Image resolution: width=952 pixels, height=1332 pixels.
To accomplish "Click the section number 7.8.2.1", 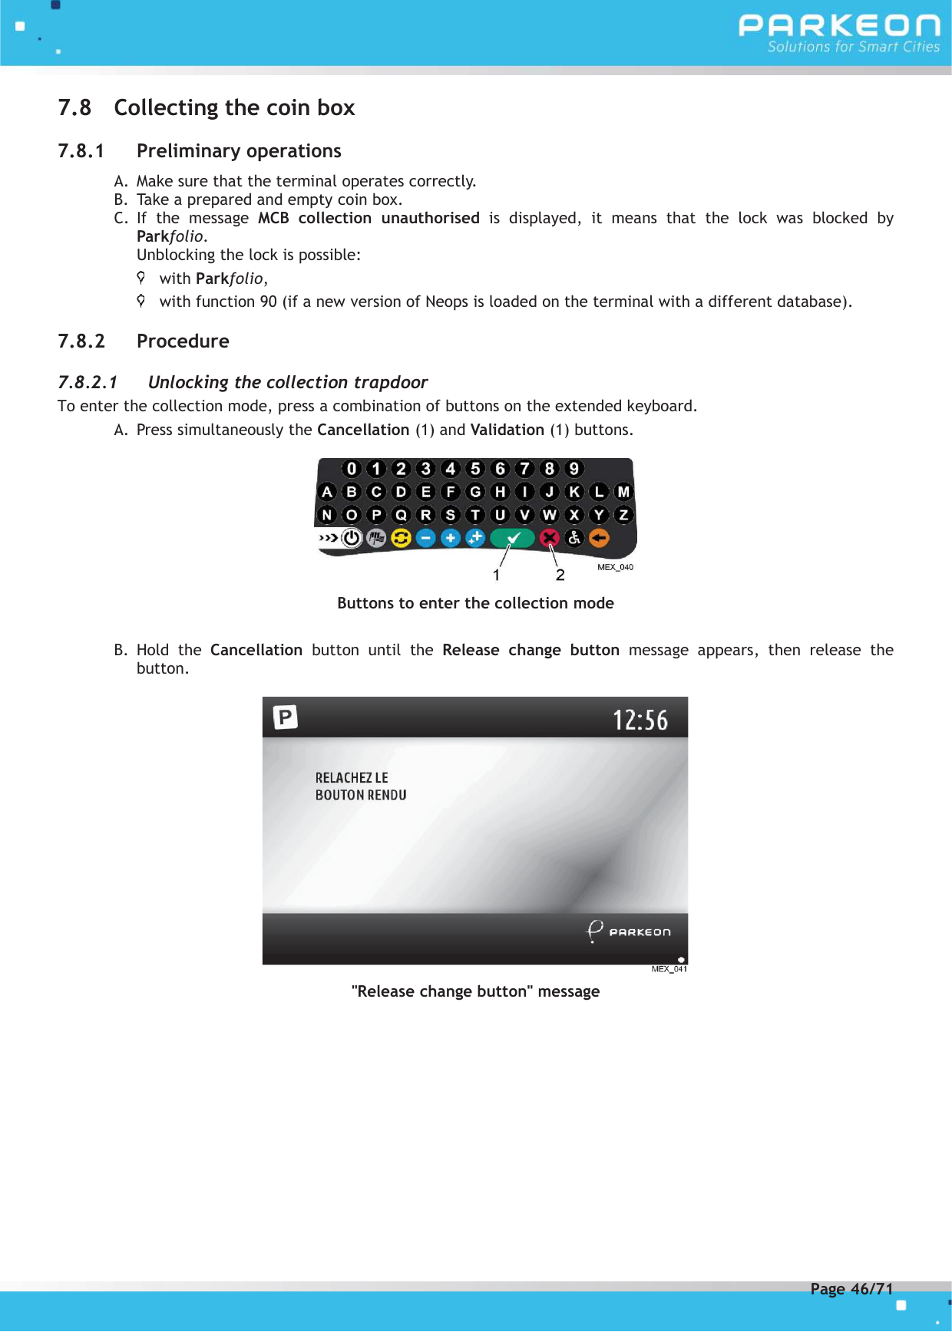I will pyautogui.click(x=88, y=382).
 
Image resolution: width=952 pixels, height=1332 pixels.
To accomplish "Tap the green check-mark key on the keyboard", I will pyautogui.click(x=513, y=538).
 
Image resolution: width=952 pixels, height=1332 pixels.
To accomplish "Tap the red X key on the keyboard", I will pyautogui.click(x=549, y=538).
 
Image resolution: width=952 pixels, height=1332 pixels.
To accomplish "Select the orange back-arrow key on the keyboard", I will pyautogui.click(x=599, y=538).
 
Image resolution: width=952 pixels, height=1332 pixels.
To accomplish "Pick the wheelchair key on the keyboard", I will pyautogui.click(x=574, y=538).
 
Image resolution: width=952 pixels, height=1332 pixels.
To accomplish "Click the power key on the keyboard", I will pyautogui.click(x=352, y=538).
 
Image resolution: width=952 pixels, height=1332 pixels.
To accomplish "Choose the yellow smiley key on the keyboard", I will pyautogui.click(x=401, y=538).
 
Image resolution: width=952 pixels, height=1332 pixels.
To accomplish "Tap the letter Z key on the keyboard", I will pyautogui.click(x=623, y=515).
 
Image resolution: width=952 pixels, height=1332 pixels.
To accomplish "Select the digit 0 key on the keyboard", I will pyautogui.click(x=352, y=469).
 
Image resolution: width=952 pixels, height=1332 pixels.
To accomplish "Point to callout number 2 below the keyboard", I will pyautogui.click(x=560, y=575).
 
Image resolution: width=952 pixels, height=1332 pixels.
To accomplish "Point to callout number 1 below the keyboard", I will pyautogui.click(x=497, y=575).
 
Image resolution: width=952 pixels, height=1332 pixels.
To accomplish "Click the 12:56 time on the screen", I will pyautogui.click(x=640, y=720).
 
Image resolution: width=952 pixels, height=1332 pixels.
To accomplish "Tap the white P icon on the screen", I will pyautogui.click(x=286, y=717).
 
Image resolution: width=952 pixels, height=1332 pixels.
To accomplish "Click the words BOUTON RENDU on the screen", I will pyautogui.click(x=361, y=795).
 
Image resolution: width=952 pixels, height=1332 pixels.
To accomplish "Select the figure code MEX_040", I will pyautogui.click(x=615, y=567).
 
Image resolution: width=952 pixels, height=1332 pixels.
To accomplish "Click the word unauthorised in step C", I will pyautogui.click(x=430, y=218).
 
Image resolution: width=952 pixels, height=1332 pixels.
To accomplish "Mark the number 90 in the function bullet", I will pyautogui.click(x=268, y=302).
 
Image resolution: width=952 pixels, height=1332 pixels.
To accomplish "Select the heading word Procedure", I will pyautogui.click(x=183, y=341).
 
